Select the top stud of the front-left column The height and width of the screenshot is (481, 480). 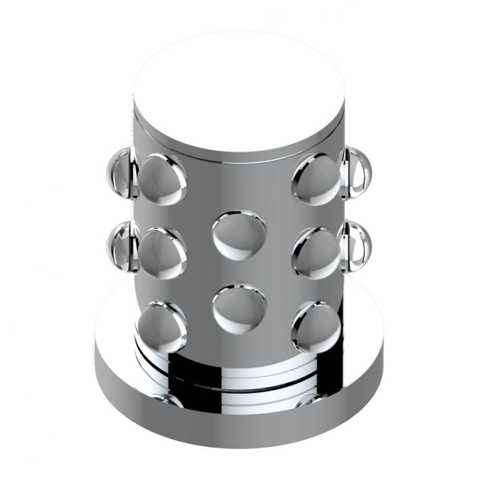point(162,177)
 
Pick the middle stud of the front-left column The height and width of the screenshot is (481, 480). point(162,252)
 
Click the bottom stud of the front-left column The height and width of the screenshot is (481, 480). point(162,325)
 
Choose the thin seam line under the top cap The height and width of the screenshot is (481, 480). point(239,156)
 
